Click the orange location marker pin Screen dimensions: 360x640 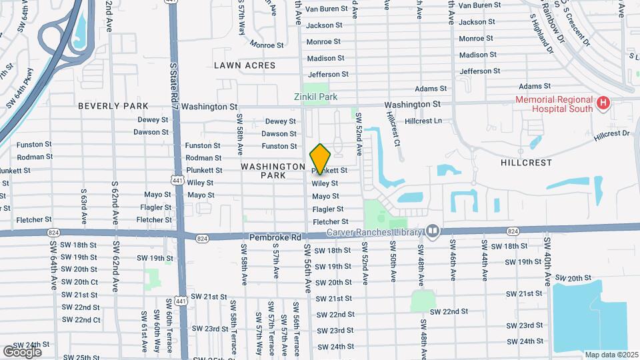coord(321,159)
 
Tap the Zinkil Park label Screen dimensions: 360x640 coord(316,97)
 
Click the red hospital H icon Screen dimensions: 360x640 coord(603,103)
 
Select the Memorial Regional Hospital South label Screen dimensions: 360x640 coord(553,104)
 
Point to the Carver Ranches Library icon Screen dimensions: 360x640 coord(433,231)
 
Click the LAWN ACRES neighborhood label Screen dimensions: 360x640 coord(245,65)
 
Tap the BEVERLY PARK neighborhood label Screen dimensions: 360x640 coord(113,106)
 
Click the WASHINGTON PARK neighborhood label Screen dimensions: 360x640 coord(273,171)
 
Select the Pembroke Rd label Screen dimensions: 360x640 coord(276,237)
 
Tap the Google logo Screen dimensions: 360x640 coord(22,351)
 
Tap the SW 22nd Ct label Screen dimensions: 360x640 coord(81,320)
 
